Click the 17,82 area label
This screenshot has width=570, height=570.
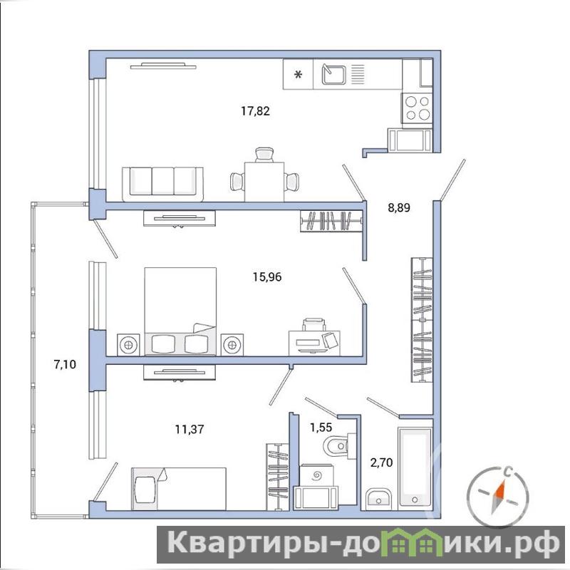pos(255,111)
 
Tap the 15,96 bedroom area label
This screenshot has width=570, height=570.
pos(267,277)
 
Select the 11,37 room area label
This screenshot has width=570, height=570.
pos(190,430)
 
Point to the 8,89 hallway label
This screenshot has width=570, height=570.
pos(399,208)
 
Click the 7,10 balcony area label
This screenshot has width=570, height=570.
pos(65,364)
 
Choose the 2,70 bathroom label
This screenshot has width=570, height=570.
pos(381,462)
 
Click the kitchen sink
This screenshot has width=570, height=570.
pos(333,74)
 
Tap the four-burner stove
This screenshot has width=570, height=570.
pos(417,108)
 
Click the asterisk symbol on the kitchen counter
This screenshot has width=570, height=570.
pos(298,75)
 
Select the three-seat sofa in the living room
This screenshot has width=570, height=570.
pos(163,185)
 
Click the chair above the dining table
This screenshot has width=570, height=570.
pos(264,155)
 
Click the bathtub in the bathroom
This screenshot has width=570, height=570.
pos(415,468)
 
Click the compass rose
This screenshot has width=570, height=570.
pos(497,495)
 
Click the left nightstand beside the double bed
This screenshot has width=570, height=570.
pos(128,344)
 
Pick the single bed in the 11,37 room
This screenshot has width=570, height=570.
pos(179,489)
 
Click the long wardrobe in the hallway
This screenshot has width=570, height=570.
pos(422,320)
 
